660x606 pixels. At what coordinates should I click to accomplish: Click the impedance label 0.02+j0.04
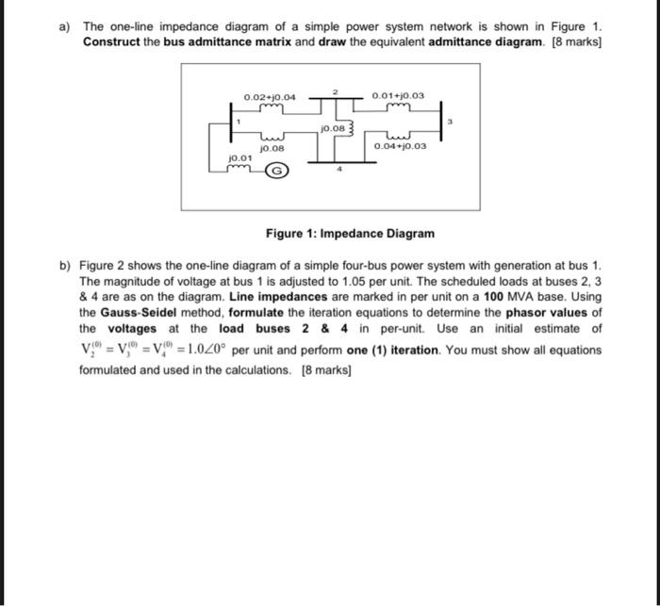tap(270, 97)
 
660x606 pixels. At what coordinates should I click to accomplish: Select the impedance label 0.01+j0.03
tap(399, 96)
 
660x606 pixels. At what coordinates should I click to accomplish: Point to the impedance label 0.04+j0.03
tap(400, 147)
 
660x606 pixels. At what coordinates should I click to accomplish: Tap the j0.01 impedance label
tap(240, 156)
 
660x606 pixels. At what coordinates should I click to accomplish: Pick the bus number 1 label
tap(239, 122)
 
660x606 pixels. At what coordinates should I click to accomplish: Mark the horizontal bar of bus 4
tap(330, 163)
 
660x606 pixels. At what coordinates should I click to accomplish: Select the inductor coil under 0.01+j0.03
tap(400, 106)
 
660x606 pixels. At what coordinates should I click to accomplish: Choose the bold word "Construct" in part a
tap(110, 43)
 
